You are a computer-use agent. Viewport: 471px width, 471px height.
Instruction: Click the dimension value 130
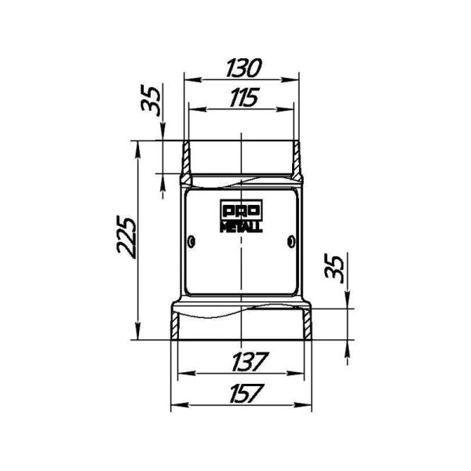[x=244, y=68]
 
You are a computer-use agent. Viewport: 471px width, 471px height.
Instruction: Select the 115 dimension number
[x=244, y=97]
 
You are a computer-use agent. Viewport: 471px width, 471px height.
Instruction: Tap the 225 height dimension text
[x=126, y=237]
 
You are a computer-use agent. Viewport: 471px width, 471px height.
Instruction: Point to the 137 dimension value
[x=250, y=361]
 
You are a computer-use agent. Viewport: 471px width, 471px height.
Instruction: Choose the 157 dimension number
[x=247, y=393]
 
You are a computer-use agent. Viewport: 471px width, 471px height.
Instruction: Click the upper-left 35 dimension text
[x=150, y=101]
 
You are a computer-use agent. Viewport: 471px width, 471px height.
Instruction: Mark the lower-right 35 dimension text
[x=334, y=268]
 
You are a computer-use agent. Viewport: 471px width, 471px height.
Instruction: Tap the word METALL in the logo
[x=242, y=227]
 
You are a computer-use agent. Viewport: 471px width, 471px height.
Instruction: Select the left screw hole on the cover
[x=192, y=242]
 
